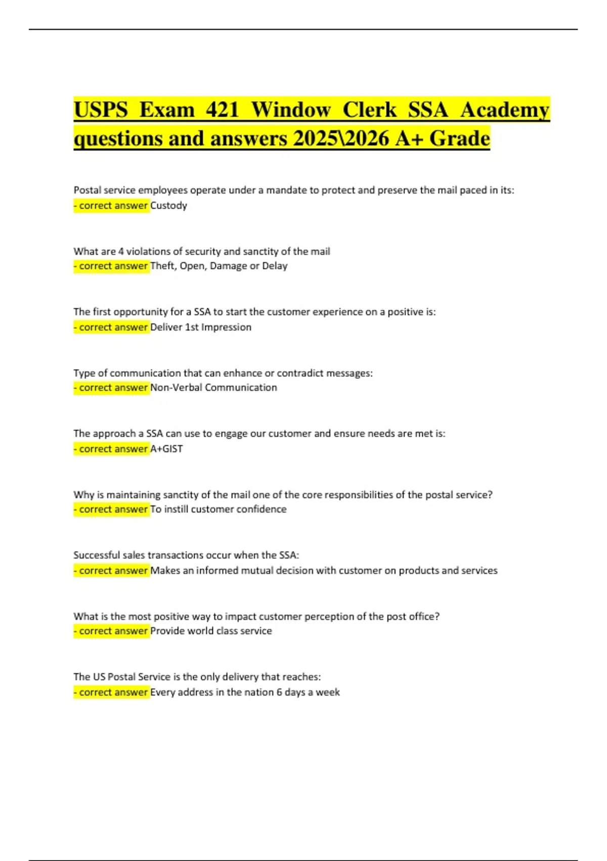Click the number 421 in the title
222,110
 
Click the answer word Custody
169,206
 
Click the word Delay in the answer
275,266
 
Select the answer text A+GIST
167,449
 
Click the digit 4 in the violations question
121,251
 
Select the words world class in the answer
212,631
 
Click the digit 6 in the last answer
279,692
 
